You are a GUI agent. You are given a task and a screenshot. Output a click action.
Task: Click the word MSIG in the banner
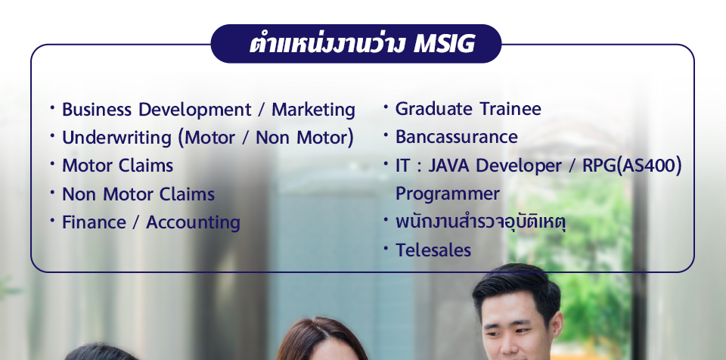pos(444,44)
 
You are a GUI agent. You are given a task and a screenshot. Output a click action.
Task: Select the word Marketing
pos(313,110)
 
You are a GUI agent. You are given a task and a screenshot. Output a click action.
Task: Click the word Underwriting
pos(116,138)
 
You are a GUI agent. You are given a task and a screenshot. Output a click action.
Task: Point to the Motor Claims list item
pos(118,166)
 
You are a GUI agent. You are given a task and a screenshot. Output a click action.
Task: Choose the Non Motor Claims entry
pos(138,194)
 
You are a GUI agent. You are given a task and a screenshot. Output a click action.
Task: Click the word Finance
pos(94,222)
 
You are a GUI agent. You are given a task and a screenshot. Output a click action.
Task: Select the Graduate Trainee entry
pos(468,109)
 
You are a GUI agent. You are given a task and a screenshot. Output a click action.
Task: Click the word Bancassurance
pos(457,137)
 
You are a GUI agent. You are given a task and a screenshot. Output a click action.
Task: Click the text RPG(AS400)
pos(632,166)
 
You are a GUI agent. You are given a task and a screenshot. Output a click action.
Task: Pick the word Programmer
pos(448,194)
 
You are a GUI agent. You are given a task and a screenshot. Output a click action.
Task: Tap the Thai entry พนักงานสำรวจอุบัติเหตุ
pos(481,222)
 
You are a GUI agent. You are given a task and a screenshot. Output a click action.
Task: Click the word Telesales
pos(433,250)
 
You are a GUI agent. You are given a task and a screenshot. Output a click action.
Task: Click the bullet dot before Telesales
pos(386,248)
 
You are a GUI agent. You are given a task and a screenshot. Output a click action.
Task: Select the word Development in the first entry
pos(194,110)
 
